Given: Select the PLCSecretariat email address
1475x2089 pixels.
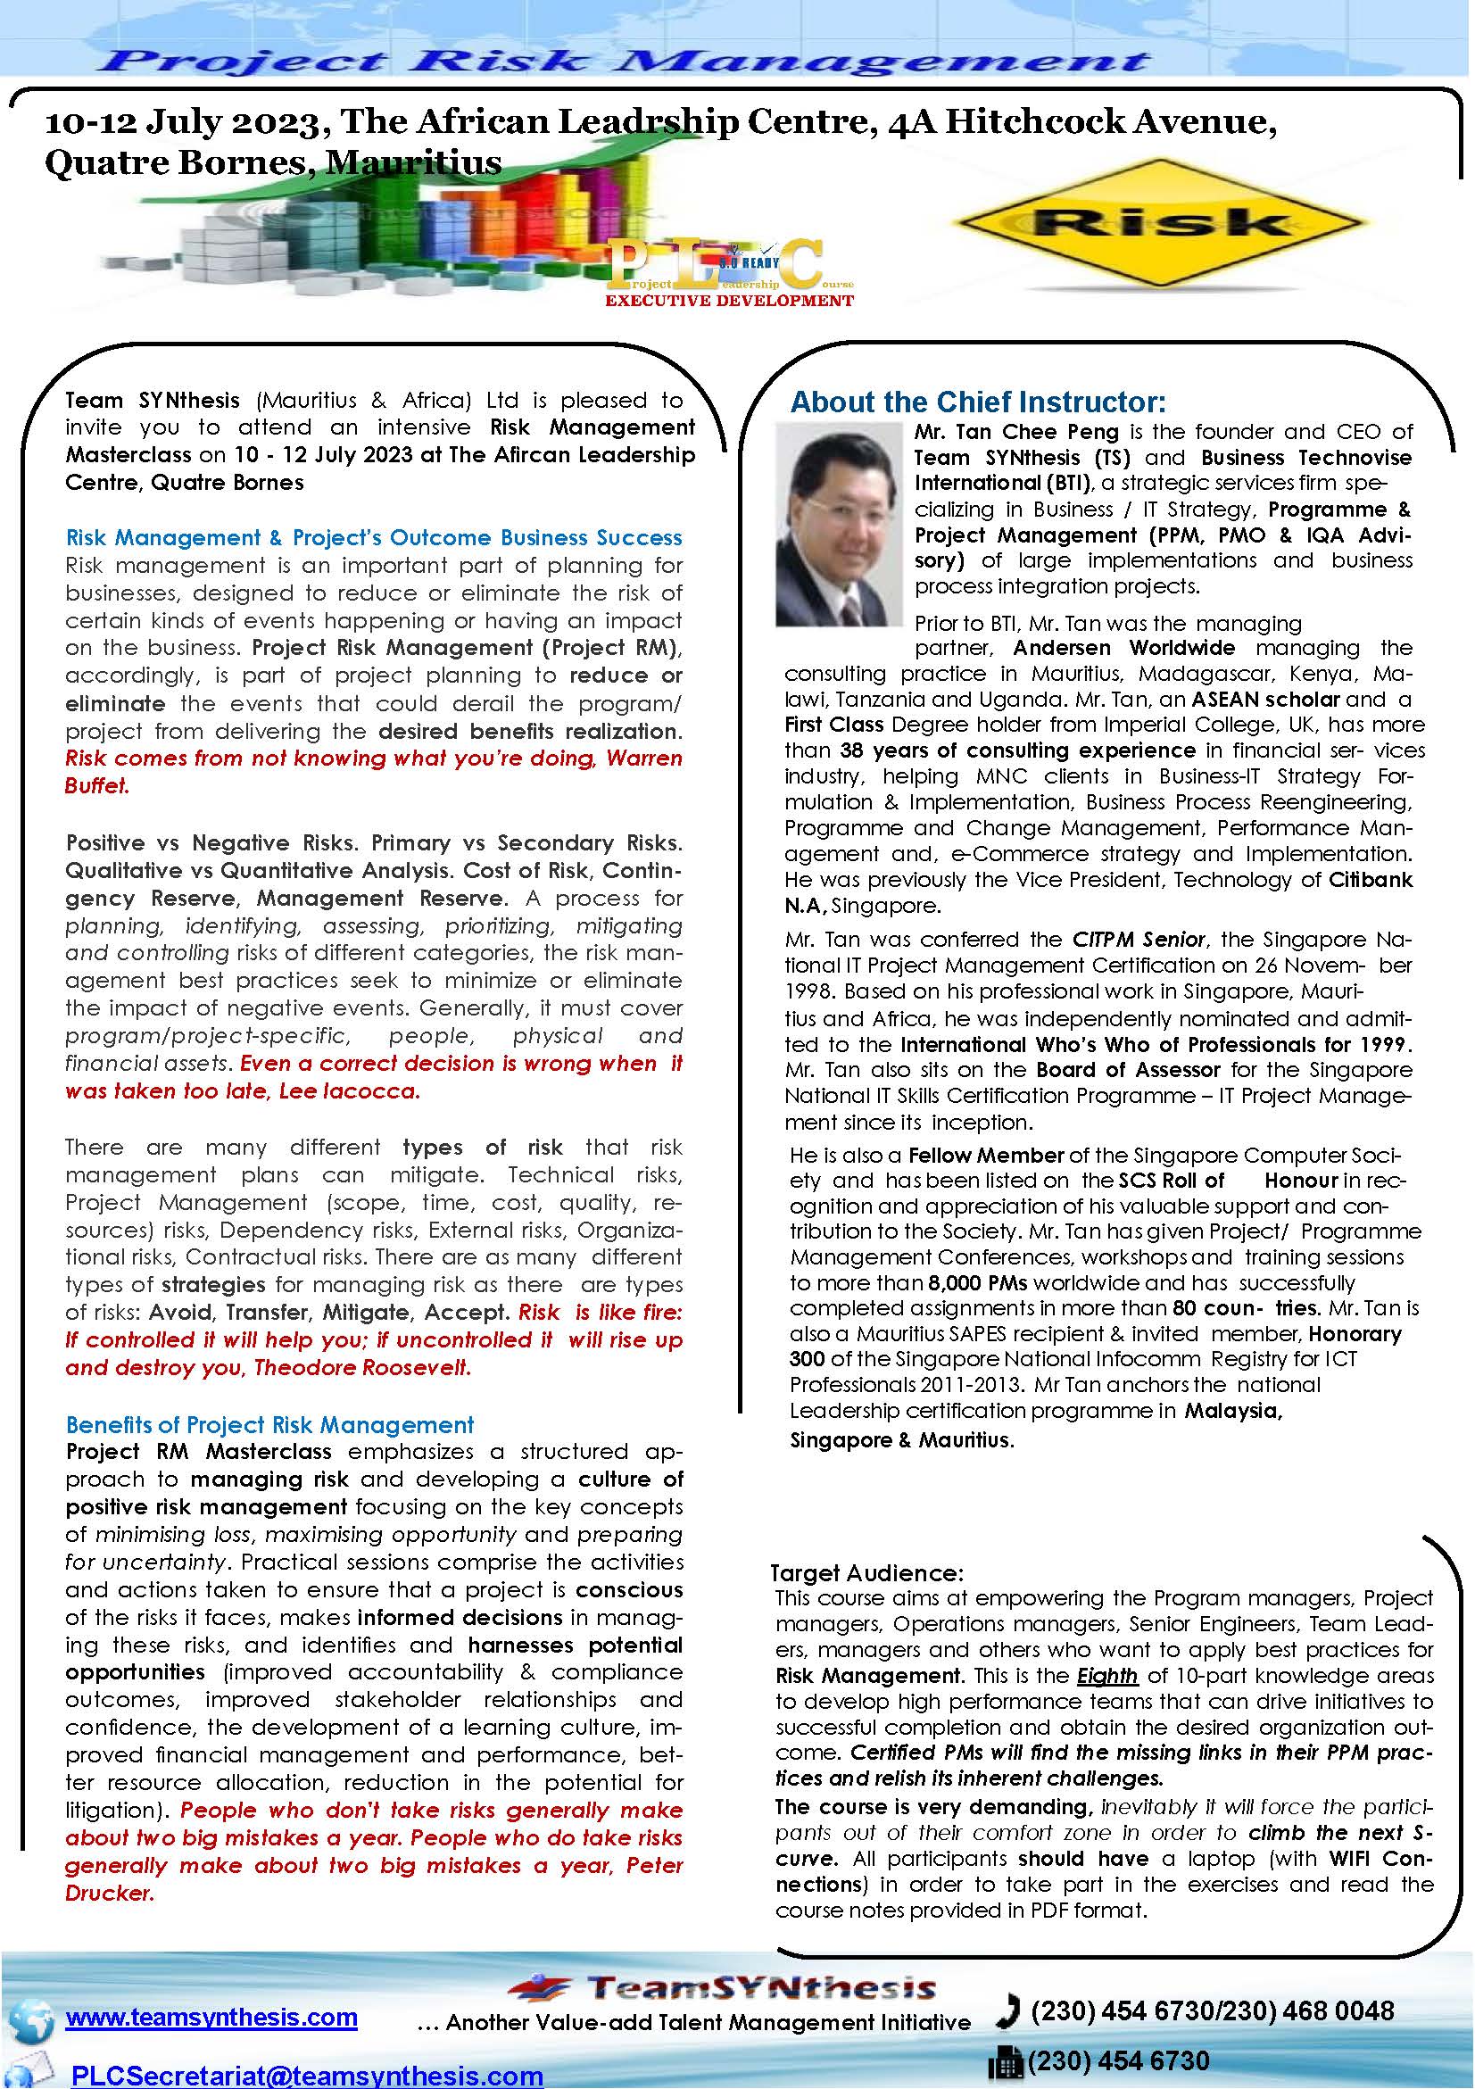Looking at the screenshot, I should click(307, 2074).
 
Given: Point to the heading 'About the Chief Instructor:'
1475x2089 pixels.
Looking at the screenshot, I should click(978, 402).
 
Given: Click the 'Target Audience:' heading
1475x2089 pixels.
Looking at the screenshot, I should click(866, 1573).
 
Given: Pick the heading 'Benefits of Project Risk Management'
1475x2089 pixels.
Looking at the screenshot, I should click(270, 1424).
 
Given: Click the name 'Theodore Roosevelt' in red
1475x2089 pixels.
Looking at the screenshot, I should click(362, 1367).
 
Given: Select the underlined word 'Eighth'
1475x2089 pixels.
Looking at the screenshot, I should click(1107, 1675).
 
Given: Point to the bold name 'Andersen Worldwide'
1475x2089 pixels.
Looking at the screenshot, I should click(1123, 648).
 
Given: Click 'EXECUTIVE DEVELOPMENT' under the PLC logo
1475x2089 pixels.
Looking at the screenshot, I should click(730, 299).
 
